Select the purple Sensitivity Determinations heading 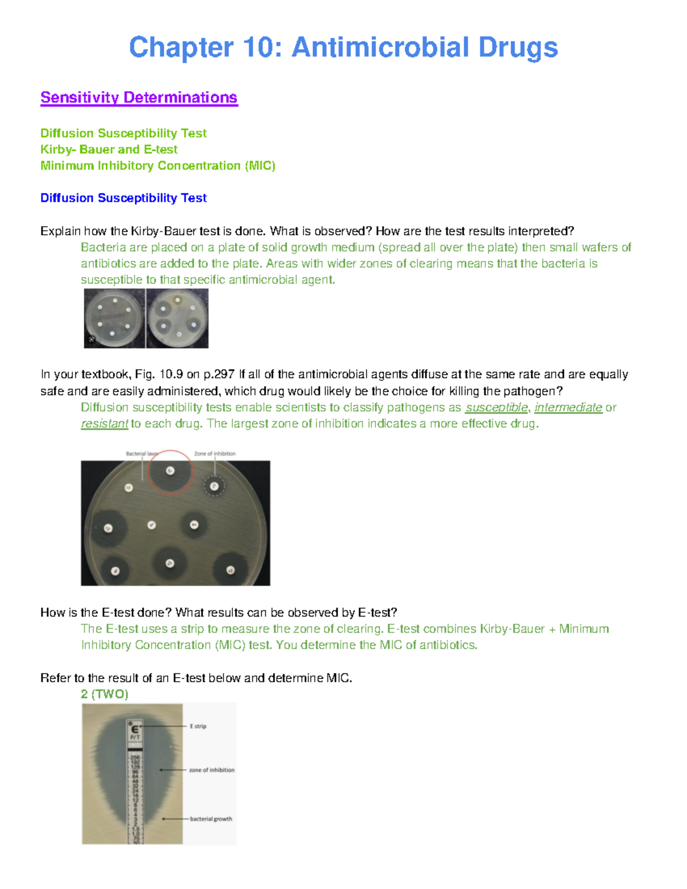click(139, 98)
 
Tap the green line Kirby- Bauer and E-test click(109, 149)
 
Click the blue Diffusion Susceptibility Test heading click(123, 198)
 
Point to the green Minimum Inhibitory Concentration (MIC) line click(157, 166)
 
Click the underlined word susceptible click(496, 408)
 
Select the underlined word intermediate click(568, 408)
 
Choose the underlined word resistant click(104, 424)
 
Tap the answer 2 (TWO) click(104, 694)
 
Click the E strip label click(198, 726)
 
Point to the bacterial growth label click(211, 819)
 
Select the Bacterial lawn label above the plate click(141, 454)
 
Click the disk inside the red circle click(170, 471)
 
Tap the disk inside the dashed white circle click(214, 487)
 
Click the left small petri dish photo click(114, 318)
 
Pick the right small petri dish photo click(177, 318)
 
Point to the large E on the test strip click(135, 730)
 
